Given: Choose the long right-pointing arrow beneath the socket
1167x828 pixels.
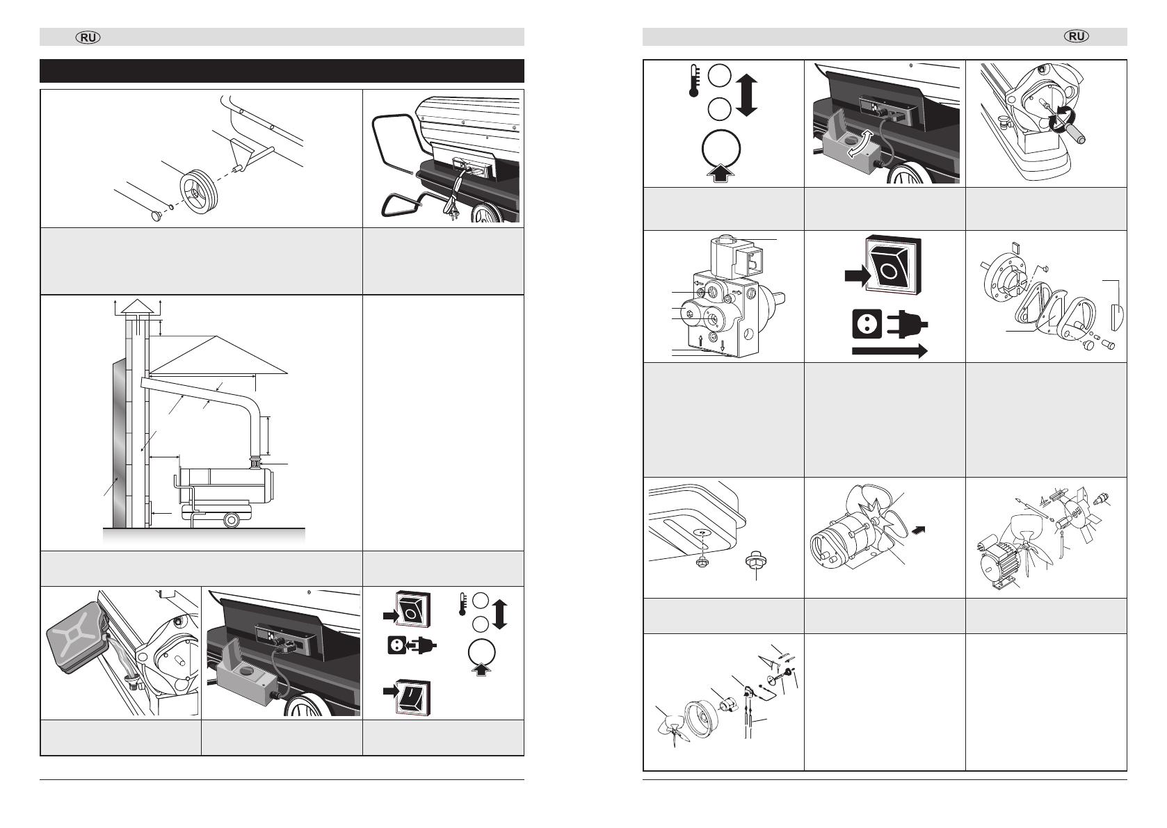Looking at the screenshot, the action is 890,352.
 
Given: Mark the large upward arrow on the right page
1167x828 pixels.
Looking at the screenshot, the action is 720,170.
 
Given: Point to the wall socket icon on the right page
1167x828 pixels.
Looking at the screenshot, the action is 865,325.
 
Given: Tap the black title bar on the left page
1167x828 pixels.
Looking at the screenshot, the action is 282,71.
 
